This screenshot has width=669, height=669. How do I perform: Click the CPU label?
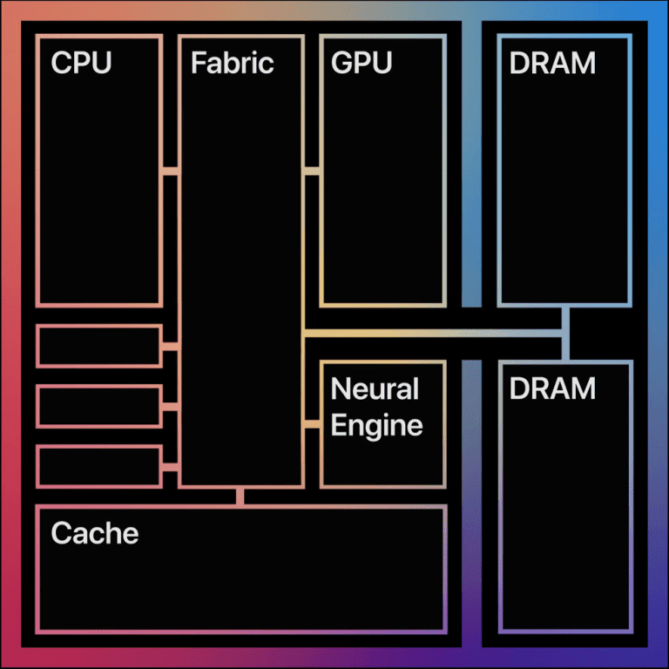[81, 63]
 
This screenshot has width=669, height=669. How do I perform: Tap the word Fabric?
[232, 63]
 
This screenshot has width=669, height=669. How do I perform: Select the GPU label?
[362, 63]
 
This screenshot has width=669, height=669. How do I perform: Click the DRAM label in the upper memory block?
[552, 63]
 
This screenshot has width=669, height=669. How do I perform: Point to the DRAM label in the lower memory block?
[552, 389]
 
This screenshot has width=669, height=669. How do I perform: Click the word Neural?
[375, 389]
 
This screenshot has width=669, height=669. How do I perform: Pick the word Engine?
[377, 425]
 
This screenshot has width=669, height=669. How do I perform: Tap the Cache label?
[95, 532]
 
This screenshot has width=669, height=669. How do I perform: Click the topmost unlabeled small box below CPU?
[99, 346]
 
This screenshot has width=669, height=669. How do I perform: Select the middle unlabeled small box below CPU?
[99, 406]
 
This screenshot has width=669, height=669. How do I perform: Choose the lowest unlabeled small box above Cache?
[99, 466]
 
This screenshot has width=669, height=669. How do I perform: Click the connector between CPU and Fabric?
[171, 171]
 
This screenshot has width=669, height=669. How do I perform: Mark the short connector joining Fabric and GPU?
[312, 171]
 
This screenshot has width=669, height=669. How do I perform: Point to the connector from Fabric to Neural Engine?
[312, 424]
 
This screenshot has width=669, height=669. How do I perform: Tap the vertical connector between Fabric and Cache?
[240, 496]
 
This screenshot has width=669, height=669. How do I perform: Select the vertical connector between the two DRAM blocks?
[565, 333]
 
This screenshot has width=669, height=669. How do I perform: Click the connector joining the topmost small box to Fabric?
[171, 346]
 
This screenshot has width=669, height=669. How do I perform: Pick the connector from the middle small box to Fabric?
[171, 406]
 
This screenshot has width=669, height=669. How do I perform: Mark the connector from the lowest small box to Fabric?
[171, 467]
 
